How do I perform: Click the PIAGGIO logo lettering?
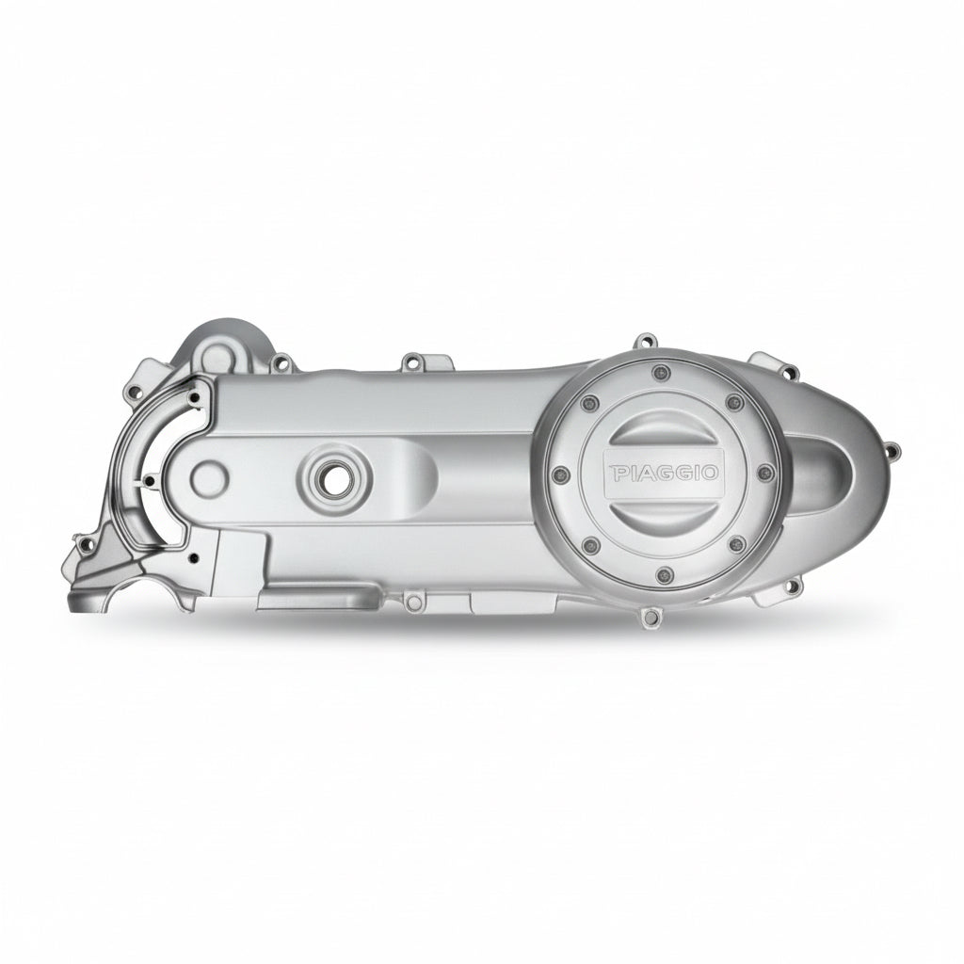664,473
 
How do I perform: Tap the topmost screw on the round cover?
662,371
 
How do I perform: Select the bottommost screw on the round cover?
663,575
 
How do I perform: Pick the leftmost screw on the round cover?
559,474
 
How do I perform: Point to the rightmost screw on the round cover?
765,473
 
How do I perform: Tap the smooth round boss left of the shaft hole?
209,476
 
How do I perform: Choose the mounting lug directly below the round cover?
650,617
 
